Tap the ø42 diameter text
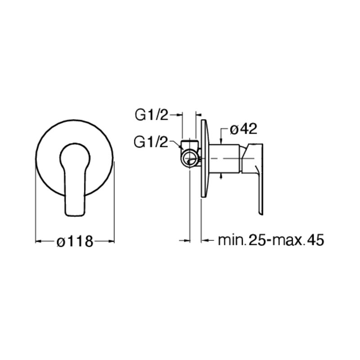[x=243, y=130]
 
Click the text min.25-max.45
[x=270, y=240]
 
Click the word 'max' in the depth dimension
[x=283, y=240]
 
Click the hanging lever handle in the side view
[x=259, y=180]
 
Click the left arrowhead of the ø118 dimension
[x=38, y=242]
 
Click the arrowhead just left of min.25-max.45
[x=205, y=240]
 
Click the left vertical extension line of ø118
[x=35, y=202]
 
